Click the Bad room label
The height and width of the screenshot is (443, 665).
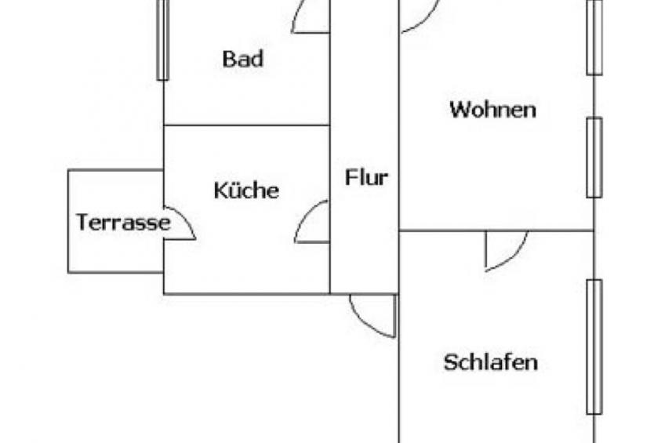coord(242,59)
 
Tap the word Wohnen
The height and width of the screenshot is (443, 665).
coord(492,109)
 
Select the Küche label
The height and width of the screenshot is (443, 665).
coord(246,190)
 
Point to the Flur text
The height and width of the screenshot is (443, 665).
coord(366,177)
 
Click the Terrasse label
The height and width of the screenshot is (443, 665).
coord(123,222)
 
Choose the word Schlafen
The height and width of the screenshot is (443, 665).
coord(491,362)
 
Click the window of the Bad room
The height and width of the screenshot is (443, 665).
coord(163,40)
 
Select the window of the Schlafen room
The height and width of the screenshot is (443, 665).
coord(594,347)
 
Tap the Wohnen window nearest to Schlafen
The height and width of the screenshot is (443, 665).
coord(594,158)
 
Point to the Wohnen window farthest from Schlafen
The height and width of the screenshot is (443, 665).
coord(594,38)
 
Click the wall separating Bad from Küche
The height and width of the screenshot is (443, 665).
coord(247,125)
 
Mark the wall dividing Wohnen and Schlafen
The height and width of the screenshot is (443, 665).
coord(496,231)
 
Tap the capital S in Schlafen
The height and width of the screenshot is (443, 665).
coord(450,363)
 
